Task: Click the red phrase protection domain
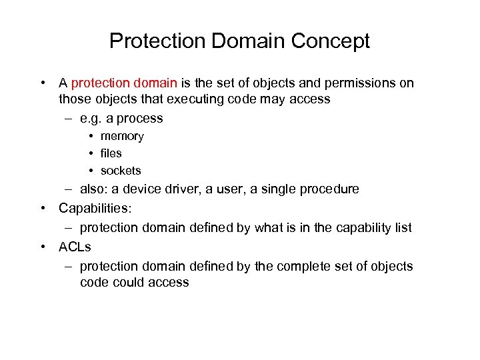[x=124, y=83]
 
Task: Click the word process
[x=139, y=119]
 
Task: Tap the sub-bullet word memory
[x=122, y=136]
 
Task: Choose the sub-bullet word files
[x=111, y=153]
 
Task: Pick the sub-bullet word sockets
[x=121, y=171]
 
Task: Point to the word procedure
[x=330, y=189]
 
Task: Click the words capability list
[x=373, y=228]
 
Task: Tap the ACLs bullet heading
[x=75, y=247]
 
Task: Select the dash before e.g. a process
[x=69, y=119]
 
